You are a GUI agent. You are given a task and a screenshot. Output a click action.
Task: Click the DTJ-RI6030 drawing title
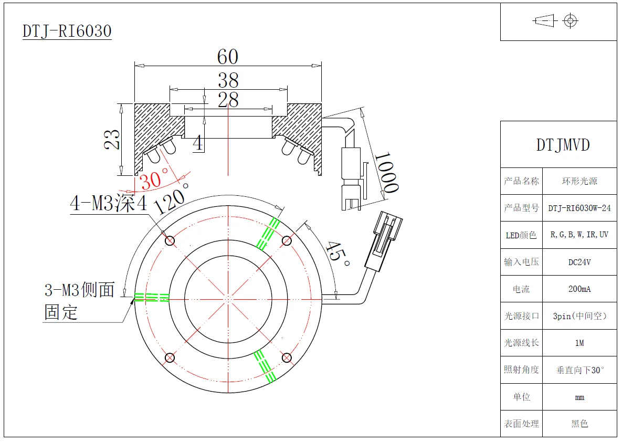point(67,31)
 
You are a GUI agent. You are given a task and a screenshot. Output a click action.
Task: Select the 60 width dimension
point(227,57)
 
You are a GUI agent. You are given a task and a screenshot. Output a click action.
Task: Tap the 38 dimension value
point(228,80)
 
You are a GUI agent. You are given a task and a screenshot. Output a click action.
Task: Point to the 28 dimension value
point(228,100)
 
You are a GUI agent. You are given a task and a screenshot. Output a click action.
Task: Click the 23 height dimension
point(112,140)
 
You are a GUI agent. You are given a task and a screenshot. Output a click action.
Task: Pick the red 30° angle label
point(154,180)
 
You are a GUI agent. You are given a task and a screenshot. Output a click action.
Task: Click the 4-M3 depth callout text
point(109,204)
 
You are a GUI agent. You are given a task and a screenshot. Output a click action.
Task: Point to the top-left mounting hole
point(170,241)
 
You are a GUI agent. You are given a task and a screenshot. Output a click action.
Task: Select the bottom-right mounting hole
point(286,358)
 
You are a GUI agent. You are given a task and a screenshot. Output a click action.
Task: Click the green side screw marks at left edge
point(151,298)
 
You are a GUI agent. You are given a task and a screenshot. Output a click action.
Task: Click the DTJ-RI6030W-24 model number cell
point(579,208)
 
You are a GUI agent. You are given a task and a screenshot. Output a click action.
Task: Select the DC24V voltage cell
point(579,262)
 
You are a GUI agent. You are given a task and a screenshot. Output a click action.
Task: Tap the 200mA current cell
point(579,289)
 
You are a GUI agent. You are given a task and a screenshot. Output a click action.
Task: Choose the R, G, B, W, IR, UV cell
point(579,235)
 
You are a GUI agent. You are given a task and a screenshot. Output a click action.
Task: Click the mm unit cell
point(579,397)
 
